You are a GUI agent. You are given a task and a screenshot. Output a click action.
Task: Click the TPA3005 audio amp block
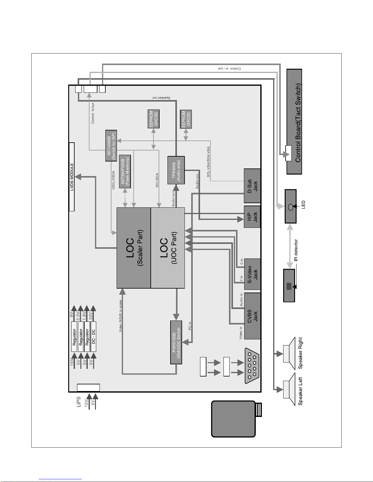pos(176,170)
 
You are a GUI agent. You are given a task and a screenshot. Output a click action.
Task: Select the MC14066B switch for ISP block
pos(111,146)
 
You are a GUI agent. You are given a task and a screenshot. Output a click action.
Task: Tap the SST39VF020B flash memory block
pos(125,172)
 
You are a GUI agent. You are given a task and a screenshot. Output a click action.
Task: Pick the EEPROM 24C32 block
pos(153,119)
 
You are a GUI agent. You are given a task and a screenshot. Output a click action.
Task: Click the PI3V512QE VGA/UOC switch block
pos(176,342)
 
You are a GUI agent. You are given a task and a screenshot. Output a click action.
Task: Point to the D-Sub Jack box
pos(252,186)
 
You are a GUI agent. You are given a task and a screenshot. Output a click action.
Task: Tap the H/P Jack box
pos(252,217)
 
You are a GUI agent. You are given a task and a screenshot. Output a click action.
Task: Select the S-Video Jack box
pos(252,274)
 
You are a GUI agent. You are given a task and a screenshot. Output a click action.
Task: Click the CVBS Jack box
pos(252,316)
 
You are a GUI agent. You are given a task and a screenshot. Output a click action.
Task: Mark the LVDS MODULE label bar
pos(72,177)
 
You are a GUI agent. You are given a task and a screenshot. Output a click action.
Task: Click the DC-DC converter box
pos(93,336)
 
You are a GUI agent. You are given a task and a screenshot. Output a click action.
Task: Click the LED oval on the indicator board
pos(290,206)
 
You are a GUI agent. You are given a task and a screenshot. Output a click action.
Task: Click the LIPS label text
pos(79,401)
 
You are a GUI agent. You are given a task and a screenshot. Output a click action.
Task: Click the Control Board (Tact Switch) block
pos(294,122)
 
